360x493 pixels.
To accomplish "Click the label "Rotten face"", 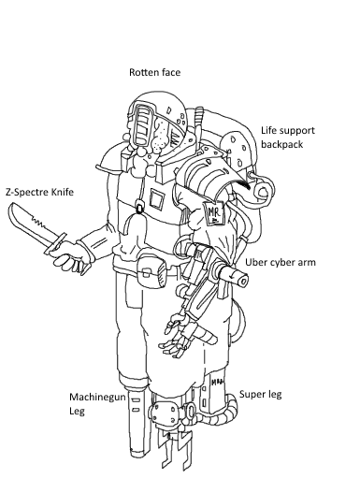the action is coord(155,72).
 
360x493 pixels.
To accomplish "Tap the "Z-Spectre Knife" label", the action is coord(39,192).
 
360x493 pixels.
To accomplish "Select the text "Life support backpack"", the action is coord(288,138).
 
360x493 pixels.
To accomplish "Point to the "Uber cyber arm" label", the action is coord(281,262).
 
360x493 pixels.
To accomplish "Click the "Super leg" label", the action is coord(261,394).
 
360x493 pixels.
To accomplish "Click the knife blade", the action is coord(31,224).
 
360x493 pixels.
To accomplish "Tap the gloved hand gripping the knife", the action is coord(71,255).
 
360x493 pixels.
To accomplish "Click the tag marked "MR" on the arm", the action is coord(214,213).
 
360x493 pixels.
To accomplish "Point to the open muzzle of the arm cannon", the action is coord(242,280).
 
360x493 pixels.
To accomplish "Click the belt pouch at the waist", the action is coord(151,271).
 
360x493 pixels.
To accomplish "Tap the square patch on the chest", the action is coord(157,199).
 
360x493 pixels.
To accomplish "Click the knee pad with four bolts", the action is coord(164,413).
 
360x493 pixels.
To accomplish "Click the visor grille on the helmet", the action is coord(144,125).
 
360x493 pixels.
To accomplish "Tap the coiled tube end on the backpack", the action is coord(264,191).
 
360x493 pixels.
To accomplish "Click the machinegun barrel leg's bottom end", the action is coord(137,454).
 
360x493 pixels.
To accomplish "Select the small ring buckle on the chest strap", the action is coord(139,208).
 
